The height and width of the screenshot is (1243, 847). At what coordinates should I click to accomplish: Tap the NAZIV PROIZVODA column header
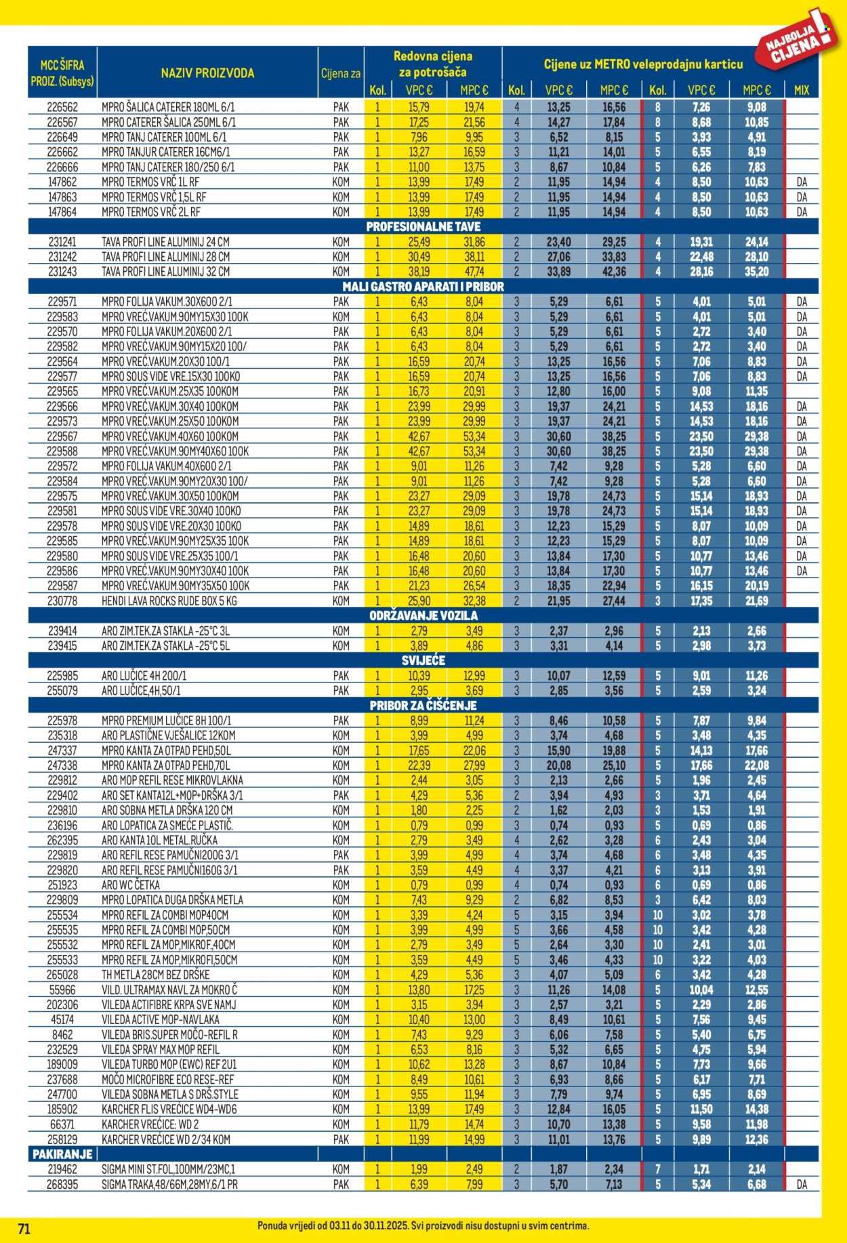point(207,73)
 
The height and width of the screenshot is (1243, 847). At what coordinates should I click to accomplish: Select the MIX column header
point(802,90)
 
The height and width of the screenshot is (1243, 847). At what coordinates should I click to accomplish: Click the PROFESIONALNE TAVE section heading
point(423,227)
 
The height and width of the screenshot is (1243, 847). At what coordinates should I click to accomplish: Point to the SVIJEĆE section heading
point(423,660)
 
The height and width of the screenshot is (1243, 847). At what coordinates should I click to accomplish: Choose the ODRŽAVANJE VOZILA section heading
point(423,615)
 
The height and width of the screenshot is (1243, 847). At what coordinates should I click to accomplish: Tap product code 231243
point(62,271)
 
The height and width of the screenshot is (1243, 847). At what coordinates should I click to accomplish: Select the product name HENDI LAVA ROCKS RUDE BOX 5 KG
point(169,600)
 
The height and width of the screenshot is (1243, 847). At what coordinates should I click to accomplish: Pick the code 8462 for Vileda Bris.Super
point(62,1034)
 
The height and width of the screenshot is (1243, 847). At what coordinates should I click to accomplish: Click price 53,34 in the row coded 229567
point(474,436)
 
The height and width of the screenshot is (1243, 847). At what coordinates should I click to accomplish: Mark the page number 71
point(24,1229)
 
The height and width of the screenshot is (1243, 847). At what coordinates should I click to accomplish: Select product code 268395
point(62,1184)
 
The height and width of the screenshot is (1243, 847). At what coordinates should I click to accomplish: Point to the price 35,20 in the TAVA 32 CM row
point(756,271)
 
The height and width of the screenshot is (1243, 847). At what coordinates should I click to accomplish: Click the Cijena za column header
point(341,73)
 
